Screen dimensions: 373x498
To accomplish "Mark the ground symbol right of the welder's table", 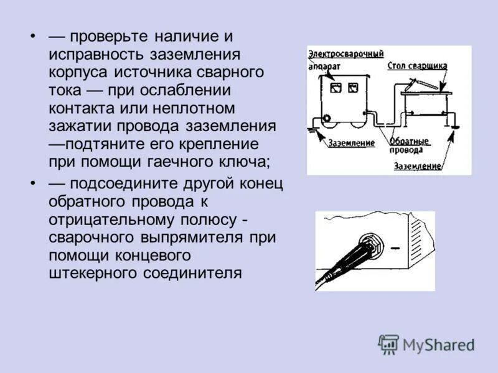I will pyautogui.click(x=455, y=128).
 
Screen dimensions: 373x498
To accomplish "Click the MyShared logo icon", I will pyautogui.click(x=388, y=344).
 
